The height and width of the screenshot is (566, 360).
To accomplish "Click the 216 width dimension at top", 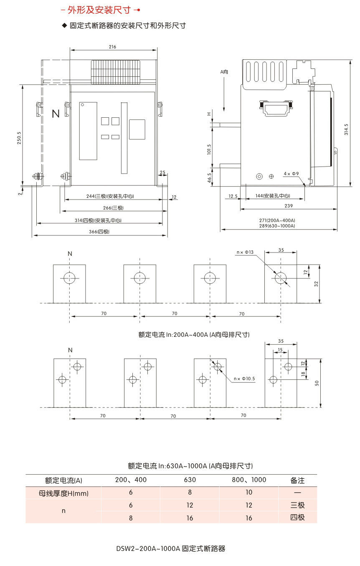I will (x=112, y=47).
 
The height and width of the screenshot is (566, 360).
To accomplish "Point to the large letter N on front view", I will (x=56, y=114).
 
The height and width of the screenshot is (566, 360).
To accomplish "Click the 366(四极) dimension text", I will (x=101, y=232).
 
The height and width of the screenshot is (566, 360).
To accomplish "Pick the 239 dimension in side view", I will (x=288, y=206).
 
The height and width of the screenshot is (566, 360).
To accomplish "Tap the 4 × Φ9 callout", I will (x=291, y=173).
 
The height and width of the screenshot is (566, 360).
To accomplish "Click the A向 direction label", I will (x=224, y=72).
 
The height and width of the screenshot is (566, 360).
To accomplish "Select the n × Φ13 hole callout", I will (x=245, y=252).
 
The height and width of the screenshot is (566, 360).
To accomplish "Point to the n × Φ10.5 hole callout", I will (x=244, y=379).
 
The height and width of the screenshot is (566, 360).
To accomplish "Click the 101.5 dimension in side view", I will (x=209, y=149).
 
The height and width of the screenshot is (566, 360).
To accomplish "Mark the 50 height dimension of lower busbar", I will (x=316, y=383).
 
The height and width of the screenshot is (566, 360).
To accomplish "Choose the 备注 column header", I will (x=297, y=480).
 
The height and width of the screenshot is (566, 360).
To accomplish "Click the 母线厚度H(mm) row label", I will (x=63, y=493).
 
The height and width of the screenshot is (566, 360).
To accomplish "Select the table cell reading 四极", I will (x=297, y=518).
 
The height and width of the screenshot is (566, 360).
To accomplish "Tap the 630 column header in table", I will (x=190, y=480).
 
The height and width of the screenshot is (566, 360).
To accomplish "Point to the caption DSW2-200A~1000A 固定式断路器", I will (x=171, y=548).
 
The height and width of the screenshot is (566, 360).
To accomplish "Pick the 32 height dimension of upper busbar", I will (x=316, y=283).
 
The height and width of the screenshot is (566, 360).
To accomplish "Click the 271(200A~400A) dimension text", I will (x=277, y=220).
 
